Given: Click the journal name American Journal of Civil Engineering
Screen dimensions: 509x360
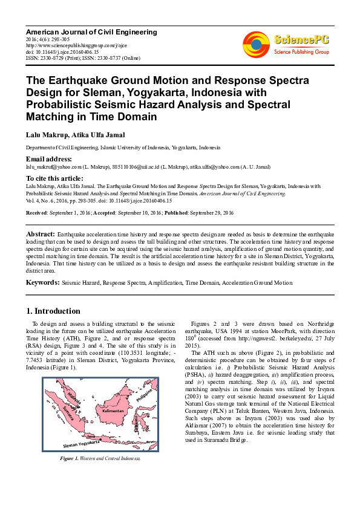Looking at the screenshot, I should [x=91, y=32].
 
